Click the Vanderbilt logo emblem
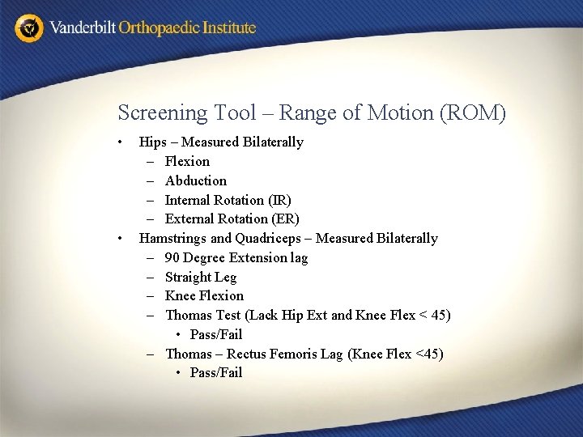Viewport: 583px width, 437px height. click(x=30, y=28)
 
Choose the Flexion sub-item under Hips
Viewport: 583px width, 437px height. click(x=187, y=162)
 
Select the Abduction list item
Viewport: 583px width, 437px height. click(x=195, y=180)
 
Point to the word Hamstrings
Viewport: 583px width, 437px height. click(x=172, y=239)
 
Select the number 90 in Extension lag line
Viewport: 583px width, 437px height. click(x=172, y=258)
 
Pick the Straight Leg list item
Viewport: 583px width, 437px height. click(x=201, y=278)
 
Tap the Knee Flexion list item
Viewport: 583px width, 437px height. click(x=204, y=296)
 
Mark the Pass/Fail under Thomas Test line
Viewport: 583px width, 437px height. click(x=216, y=335)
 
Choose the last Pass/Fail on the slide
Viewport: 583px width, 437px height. click(x=216, y=373)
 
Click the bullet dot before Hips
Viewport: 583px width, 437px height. click(x=120, y=142)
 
